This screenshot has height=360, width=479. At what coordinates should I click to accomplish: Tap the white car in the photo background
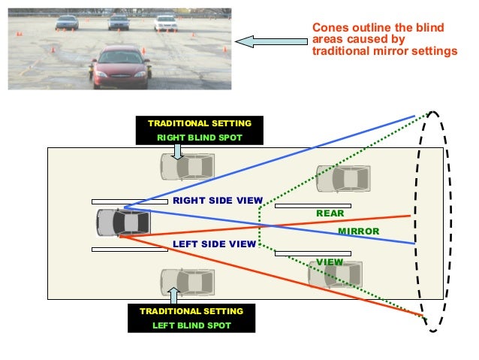pyautogui.click(x=165, y=23)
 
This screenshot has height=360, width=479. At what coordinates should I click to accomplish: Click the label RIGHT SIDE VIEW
pyautogui.click(x=217, y=201)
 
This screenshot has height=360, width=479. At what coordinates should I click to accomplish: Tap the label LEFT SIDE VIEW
pyautogui.click(x=214, y=244)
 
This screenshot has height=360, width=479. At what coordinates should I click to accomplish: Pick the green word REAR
pyautogui.click(x=330, y=213)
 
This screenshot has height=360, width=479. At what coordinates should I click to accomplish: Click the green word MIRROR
pyautogui.click(x=359, y=231)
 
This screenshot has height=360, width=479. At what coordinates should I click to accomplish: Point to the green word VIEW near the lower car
pyautogui.click(x=330, y=262)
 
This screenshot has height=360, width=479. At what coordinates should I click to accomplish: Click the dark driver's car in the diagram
pyautogui.click(x=123, y=222)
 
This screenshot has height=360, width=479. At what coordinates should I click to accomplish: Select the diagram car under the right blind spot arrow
pyautogui.click(x=187, y=166)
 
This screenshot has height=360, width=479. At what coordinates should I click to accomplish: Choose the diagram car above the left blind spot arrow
pyautogui.click(x=187, y=281)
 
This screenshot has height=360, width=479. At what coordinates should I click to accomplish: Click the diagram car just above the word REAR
pyautogui.click(x=342, y=179)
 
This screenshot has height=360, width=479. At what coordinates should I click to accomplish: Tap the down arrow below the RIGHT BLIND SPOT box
pyautogui.click(x=177, y=151)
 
